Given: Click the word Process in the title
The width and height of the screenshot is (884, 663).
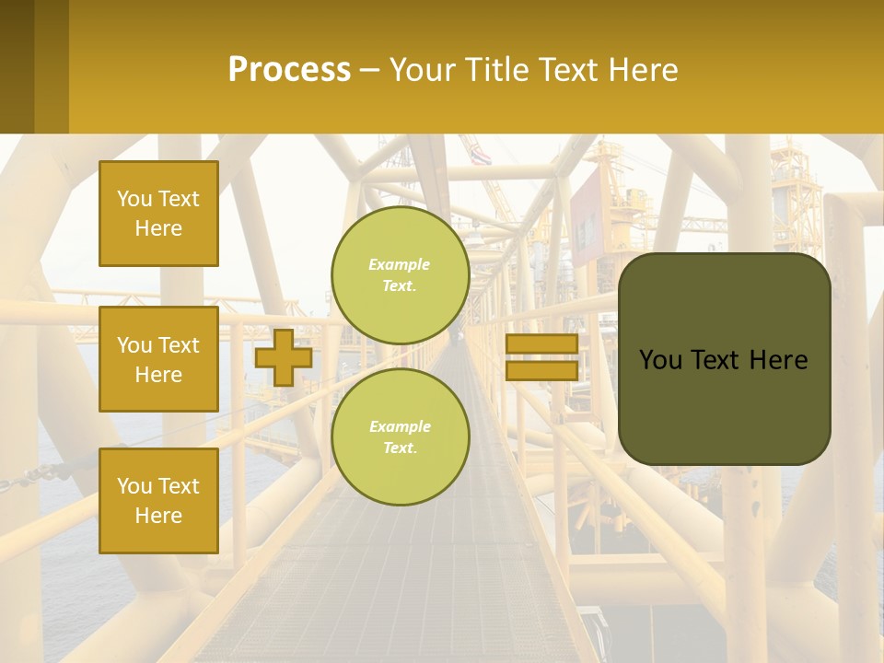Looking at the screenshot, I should point(289,70).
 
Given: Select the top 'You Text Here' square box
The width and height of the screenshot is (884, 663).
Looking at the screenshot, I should point(158,214).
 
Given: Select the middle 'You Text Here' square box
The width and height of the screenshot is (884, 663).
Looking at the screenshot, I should point(158,359).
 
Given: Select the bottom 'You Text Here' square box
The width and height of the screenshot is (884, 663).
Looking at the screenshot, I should point(158,500).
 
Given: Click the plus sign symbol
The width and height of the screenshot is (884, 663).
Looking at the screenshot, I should point(284,357).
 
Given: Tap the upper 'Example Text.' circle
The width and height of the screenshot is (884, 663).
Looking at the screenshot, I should point(401,275).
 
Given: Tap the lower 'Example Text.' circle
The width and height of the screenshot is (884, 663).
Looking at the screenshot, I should point(401,436).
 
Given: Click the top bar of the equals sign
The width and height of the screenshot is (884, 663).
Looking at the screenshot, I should point(541,344).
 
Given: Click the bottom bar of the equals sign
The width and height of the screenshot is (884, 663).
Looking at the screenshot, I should point(541,371).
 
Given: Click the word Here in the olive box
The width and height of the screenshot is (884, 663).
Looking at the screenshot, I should point(778,360).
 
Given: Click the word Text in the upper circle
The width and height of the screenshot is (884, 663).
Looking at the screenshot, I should point(399,286).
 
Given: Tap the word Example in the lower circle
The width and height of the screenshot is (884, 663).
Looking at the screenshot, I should point(400,426).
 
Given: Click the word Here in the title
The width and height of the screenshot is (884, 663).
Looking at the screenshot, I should point(642,70).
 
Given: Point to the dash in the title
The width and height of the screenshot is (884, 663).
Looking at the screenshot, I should point(370,70).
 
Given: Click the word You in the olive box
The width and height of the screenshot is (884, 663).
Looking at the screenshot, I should point(660,360).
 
